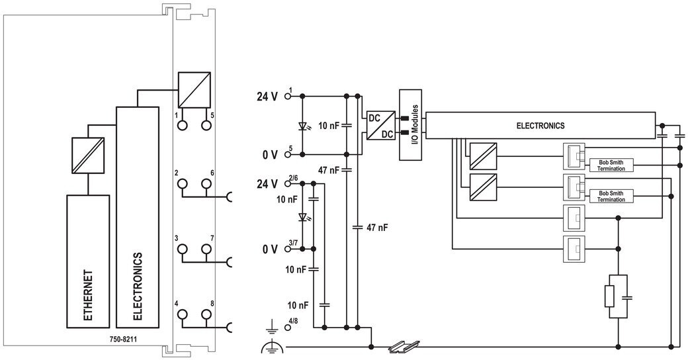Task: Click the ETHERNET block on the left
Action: click(88, 261)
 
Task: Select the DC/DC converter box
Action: click(381, 125)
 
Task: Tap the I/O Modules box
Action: click(410, 124)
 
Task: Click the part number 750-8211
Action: click(123, 339)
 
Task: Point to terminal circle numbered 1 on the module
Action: click(182, 125)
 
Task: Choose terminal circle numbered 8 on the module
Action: click(206, 314)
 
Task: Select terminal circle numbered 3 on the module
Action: click(182, 249)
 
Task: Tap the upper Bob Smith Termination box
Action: click(611, 165)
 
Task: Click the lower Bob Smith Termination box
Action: click(611, 197)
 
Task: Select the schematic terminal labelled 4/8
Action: click(288, 327)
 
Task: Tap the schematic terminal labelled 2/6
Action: click(288, 183)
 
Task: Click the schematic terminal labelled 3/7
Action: click(288, 249)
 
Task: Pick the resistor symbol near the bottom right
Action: click(609, 296)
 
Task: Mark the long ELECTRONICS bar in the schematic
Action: click(540, 126)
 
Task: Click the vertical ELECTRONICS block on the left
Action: click(138, 217)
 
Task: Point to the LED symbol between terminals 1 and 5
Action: click(302, 126)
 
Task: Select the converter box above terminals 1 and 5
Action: click(194, 90)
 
